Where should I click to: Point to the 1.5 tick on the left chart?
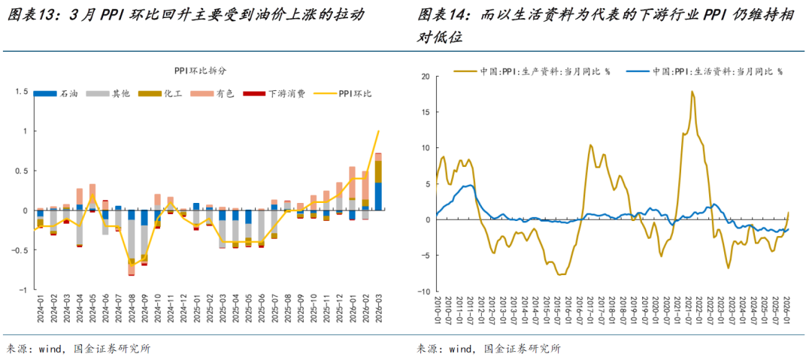[20, 92]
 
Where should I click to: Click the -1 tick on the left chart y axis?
[23, 289]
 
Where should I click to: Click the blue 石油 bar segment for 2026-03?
[378, 195]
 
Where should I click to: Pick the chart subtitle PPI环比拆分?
[200, 71]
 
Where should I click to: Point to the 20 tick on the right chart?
[425, 76]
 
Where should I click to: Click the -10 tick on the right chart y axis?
[423, 292]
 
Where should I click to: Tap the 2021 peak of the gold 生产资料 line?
[692, 92]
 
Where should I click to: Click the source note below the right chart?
[489, 349]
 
